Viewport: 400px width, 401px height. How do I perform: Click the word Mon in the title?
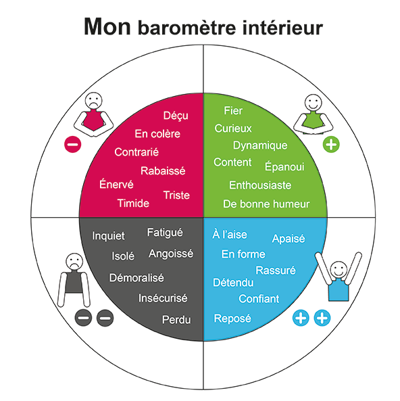coord(107,26)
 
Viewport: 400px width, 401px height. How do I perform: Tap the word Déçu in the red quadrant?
coord(176,116)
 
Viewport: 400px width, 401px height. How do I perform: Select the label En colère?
coord(157,133)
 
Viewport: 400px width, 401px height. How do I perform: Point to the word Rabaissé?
coord(163,170)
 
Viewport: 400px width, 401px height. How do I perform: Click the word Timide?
coord(133,204)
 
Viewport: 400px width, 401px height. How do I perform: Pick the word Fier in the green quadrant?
coord(233,110)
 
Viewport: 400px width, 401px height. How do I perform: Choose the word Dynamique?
coord(260,145)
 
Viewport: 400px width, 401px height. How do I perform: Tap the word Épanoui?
coord(284,166)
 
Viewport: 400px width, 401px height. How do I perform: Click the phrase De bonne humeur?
coord(266,204)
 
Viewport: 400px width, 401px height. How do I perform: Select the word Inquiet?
coord(108,235)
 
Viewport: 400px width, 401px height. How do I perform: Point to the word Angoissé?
coord(171,254)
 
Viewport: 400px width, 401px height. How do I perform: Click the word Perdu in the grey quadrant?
coord(176,320)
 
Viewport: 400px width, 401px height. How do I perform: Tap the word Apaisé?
coord(289,239)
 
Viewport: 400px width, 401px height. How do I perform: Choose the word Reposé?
coord(232,319)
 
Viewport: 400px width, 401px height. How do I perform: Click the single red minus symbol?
coord(72,145)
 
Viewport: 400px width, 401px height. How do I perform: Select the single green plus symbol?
coord(331,144)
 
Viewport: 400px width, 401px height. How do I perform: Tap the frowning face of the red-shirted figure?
coord(93,101)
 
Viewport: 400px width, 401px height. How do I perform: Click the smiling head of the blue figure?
coord(339,270)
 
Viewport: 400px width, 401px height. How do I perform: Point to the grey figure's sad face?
coord(74,262)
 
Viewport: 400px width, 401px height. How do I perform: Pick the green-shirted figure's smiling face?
coord(314,103)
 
